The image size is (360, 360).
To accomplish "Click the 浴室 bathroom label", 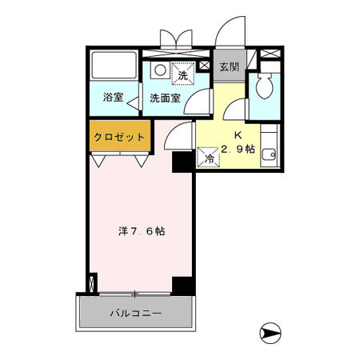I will (113, 98).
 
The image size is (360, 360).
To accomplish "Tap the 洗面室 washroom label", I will (165, 98).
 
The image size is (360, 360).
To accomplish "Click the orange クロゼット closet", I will (118, 137).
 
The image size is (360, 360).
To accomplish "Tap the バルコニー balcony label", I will (135, 313).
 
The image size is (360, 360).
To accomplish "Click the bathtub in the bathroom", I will (113, 68).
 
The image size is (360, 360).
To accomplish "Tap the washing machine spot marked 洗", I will (182, 74).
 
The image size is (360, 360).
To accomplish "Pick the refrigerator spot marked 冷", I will (208, 158).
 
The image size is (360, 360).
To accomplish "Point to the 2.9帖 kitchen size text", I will (238, 150).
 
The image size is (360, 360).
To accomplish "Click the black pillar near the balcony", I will (183, 285).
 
